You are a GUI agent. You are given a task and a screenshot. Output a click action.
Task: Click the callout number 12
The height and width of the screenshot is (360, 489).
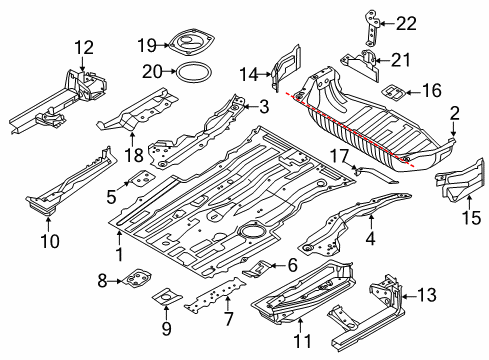(x=84, y=47)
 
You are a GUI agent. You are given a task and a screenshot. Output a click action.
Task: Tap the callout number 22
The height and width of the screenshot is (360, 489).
(x=406, y=24)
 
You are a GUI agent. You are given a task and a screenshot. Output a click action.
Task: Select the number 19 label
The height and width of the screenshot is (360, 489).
(x=147, y=45)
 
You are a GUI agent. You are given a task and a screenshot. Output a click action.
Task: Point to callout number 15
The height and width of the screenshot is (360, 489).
(x=471, y=218)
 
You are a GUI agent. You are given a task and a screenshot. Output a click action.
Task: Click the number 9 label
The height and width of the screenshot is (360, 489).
(x=166, y=328)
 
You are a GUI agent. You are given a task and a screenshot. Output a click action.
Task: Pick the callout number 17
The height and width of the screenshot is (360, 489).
(x=339, y=156)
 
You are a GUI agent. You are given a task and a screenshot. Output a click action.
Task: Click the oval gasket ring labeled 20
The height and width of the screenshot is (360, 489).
(x=194, y=72)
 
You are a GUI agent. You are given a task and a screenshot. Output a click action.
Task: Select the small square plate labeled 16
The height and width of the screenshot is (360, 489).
(x=393, y=93)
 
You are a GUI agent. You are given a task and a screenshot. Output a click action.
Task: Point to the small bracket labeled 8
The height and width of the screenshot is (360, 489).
(x=137, y=278)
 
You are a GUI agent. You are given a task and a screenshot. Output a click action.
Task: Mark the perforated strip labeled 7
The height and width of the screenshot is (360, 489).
(x=215, y=294)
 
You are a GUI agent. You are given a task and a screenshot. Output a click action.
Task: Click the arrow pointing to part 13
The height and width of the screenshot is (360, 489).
(x=409, y=295)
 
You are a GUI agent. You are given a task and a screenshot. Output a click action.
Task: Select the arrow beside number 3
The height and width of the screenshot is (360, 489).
(x=250, y=107)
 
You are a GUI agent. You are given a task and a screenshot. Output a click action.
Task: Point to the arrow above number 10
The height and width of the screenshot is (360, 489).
(x=48, y=224)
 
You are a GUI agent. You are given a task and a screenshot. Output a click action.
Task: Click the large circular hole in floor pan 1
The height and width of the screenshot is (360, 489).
(x=252, y=230)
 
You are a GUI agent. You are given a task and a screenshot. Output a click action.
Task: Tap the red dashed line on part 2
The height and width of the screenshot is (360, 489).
(x=350, y=129)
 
